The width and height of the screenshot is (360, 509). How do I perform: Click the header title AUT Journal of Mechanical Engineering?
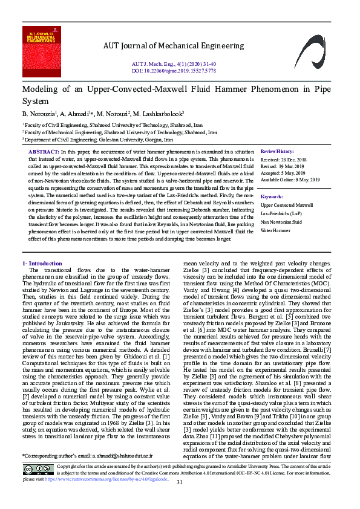pyautogui.click(x=173, y=46)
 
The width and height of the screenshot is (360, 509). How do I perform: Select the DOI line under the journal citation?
pyautogui.click(x=174, y=70)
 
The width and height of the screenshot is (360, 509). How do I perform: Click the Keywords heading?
pyautogui.click(x=272, y=196)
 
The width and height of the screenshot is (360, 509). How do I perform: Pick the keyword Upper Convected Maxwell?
pyautogui.click(x=286, y=206)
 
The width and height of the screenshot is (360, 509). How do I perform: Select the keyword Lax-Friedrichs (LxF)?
pyautogui.click(x=281, y=214)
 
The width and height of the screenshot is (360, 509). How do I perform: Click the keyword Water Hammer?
pyautogui.click(x=274, y=230)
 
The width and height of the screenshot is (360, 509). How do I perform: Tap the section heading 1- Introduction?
pyautogui.click(x=42, y=264)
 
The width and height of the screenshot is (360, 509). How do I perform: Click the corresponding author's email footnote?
pyautogui.click(x=88, y=472)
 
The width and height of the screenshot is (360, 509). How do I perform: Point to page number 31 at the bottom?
pyautogui.click(x=180, y=499)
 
